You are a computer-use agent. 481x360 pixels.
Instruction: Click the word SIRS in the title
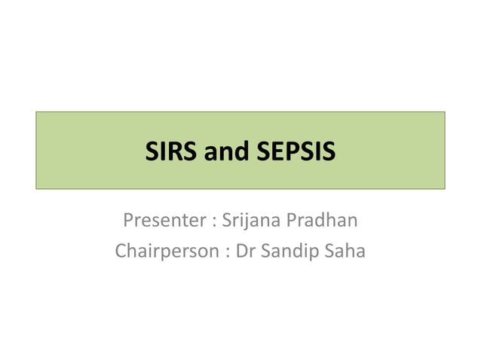click(x=171, y=152)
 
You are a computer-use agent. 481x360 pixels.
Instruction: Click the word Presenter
click(x=164, y=221)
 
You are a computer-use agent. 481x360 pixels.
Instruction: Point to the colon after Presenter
click(x=216, y=223)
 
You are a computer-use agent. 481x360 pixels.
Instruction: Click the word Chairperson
click(x=165, y=251)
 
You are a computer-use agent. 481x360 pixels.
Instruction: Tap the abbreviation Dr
click(x=245, y=251)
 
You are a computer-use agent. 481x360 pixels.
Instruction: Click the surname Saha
click(x=346, y=251)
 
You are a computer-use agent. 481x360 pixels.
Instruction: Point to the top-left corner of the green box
click(x=36, y=111)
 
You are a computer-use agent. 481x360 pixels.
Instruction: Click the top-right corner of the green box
click(x=445, y=111)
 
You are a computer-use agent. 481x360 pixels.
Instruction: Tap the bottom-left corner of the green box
click(x=36, y=188)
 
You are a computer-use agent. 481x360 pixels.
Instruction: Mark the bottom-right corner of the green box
click(x=445, y=188)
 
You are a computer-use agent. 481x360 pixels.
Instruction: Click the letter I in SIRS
click(x=161, y=152)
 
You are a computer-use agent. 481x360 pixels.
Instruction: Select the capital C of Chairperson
click(x=121, y=251)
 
